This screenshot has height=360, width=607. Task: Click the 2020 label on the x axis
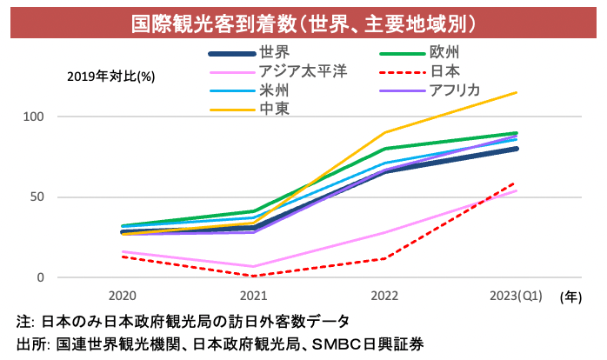pos(122,297)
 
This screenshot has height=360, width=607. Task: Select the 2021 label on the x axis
pos(253,297)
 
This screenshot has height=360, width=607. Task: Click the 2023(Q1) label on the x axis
pos(516,297)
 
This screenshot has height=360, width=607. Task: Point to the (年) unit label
pos(571,297)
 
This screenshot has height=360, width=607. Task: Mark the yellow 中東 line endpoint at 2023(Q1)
pos(517,92)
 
